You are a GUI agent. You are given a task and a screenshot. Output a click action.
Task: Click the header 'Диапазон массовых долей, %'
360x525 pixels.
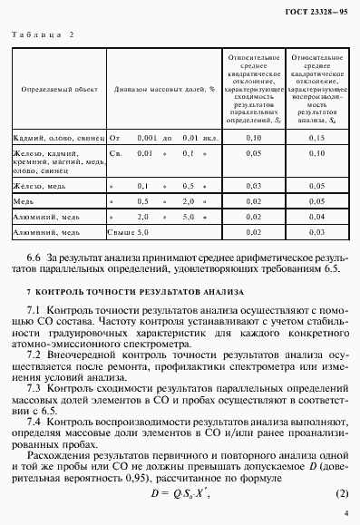pyautogui.click(x=163, y=91)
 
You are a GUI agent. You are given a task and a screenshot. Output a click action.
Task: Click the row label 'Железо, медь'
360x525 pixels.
pyautogui.click(x=38, y=184)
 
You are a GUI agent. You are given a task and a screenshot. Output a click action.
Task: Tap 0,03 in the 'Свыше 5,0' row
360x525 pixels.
pyautogui.click(x=316, y=232)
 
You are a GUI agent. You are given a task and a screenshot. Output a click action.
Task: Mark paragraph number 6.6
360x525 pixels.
pyautogui.click(x=37, y=258)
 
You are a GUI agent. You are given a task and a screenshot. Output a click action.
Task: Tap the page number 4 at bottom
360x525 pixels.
pyautogui.click(x=345, y=515)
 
